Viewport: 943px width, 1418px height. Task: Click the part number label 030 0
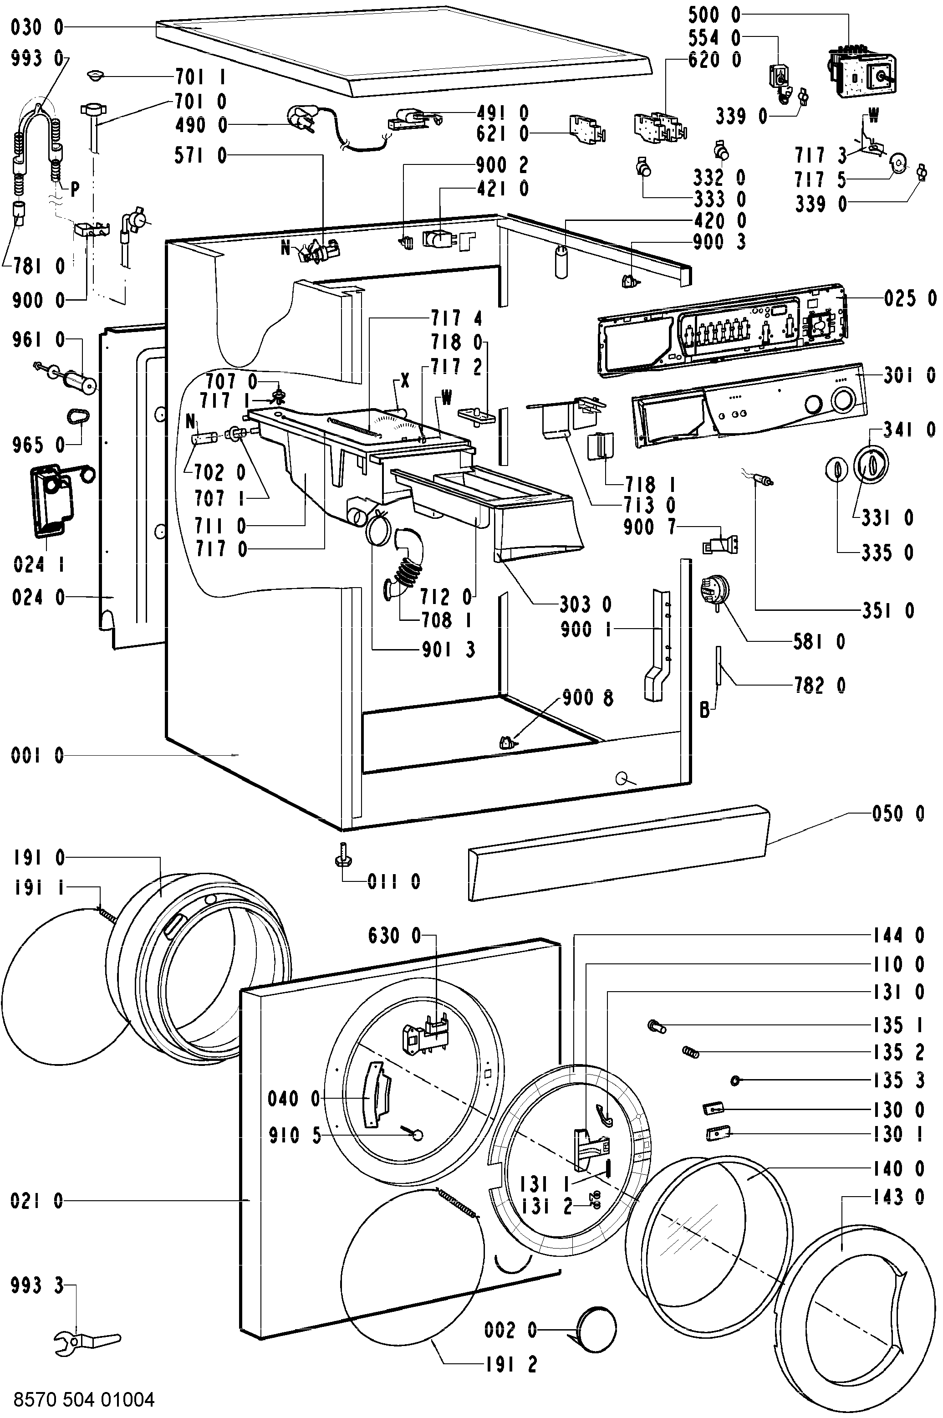(37, 27)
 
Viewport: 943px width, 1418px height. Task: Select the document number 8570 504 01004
(84, 1399)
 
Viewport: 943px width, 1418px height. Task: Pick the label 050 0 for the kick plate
(898, 814)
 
